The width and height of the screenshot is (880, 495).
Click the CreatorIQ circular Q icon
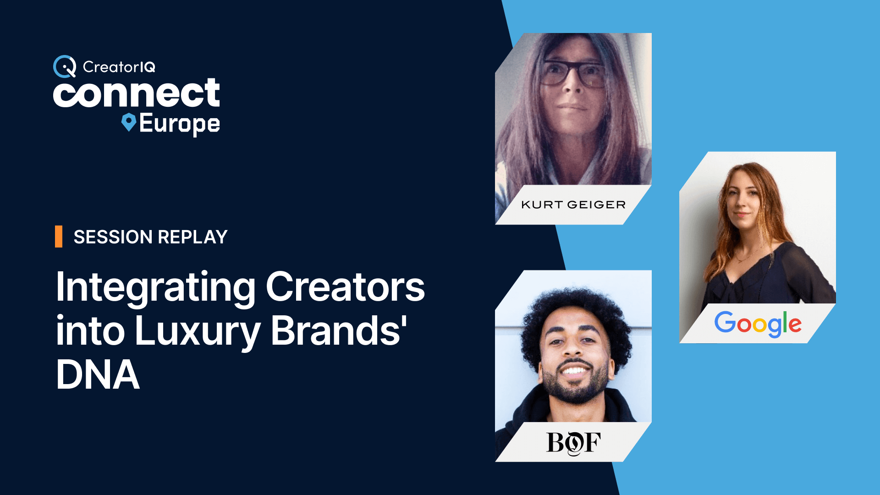tap(65, 66)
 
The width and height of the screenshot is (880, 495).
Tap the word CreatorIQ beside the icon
tap(119, 67)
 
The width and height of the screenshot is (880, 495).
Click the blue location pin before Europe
tap(129, 122)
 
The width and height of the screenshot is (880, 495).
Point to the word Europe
tap(180, 124)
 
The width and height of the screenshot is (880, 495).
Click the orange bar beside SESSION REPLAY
tap(59, 236)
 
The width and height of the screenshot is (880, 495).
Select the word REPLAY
tap(192, 237)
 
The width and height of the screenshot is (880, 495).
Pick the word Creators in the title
tap(346, 287)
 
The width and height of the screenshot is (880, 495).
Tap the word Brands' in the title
tap(339, 330)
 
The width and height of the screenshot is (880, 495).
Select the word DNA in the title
tap(98, 374)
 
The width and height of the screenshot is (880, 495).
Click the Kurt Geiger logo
tap(573, 205)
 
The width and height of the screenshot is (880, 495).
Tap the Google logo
tap(758, 324)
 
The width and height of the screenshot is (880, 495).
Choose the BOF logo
tap(573, 443)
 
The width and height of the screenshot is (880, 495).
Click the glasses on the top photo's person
tap(572, 73)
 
